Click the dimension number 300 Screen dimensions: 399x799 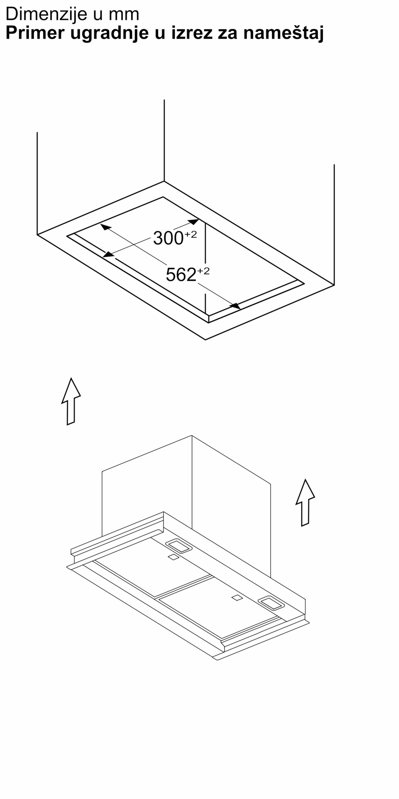(168, 239)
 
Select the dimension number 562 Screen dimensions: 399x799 (181, 274)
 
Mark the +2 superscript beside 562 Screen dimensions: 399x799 (203, 270)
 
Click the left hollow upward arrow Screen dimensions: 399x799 (71, 401)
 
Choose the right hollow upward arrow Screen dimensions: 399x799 (305, 503)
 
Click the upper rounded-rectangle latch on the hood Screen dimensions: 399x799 (178, 546)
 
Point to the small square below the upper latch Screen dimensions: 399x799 (173, 558)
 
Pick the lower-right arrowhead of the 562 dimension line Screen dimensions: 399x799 (235, 306)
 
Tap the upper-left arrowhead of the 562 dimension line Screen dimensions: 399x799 (105, 228)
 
